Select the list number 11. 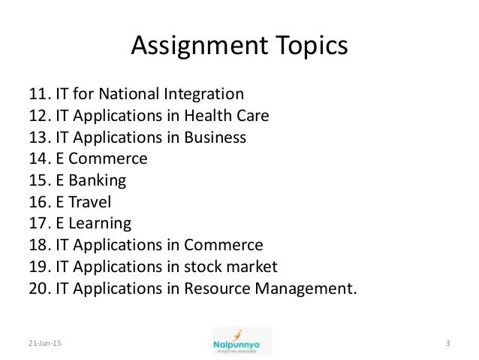tap(38, 95)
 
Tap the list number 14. tap(38, 159)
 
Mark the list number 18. tap(38, 245)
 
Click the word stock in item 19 tap(209, 266)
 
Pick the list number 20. tap(38, 288)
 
